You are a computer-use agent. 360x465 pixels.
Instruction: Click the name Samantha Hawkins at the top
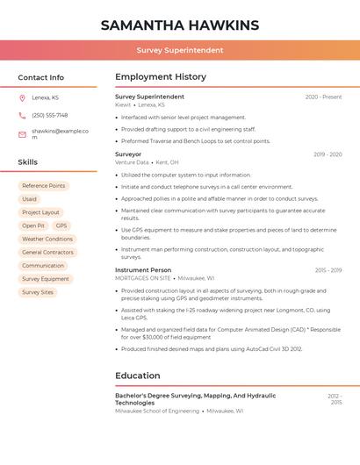click(x=180, y=25)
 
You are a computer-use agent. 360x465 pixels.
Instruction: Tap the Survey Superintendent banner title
click(x=180, y=51)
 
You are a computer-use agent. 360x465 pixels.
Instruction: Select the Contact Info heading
click(x=41, y=77)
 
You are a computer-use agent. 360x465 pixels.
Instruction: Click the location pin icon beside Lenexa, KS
click(x=22, y=97)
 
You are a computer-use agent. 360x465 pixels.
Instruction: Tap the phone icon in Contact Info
click(x=22, y=115)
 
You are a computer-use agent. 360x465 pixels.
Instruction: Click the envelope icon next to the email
click(x=22, y=133)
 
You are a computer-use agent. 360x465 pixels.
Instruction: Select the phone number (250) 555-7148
click(x=50, y=115)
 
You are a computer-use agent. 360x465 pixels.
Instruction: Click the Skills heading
click(x=28, y=161)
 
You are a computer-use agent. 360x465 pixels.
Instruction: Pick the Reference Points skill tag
click(x=44, y=186)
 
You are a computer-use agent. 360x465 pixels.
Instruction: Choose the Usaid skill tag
click(x=30, y=199)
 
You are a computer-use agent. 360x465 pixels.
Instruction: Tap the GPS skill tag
click(x=61, y=225)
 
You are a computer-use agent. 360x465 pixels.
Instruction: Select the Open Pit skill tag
click(x=33, y=225)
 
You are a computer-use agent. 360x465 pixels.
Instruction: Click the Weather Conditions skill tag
click(x=47, y=239)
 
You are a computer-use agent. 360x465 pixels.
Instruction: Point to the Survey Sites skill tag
click(x=38, y=292)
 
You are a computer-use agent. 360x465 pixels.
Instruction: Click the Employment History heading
click(x=161, y=77)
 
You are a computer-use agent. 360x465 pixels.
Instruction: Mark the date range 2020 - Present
click(x=323, y=97)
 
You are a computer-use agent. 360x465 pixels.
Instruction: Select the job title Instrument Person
click(x=143, y=270)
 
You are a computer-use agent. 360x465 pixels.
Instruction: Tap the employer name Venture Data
click(x=132, y=162)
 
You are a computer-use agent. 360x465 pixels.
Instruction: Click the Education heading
click(x=138, y=376)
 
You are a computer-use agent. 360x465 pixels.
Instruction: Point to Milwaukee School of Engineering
click(x=157, y=411)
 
